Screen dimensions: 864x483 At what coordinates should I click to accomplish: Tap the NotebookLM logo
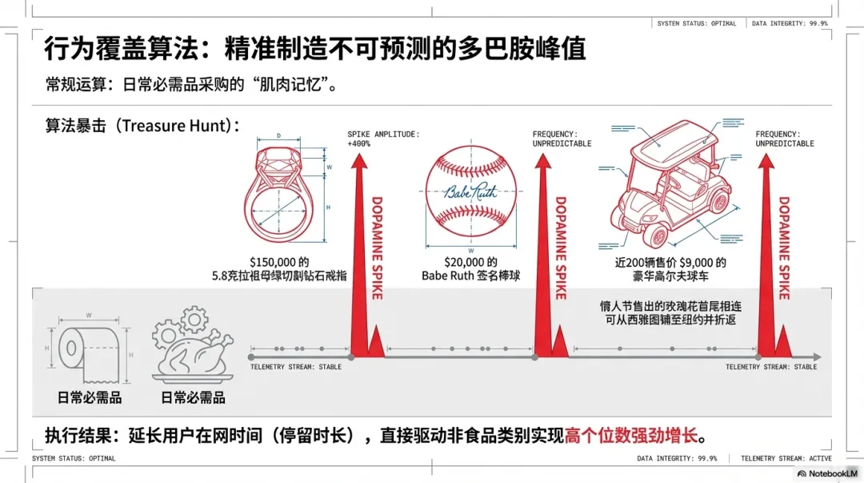point(827,473)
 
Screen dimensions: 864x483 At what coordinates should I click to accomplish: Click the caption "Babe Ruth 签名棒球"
point(470,276)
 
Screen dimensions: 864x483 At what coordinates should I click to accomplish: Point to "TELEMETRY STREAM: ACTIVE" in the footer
point(786,459)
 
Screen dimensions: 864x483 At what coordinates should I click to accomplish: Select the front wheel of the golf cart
point(658,235)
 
